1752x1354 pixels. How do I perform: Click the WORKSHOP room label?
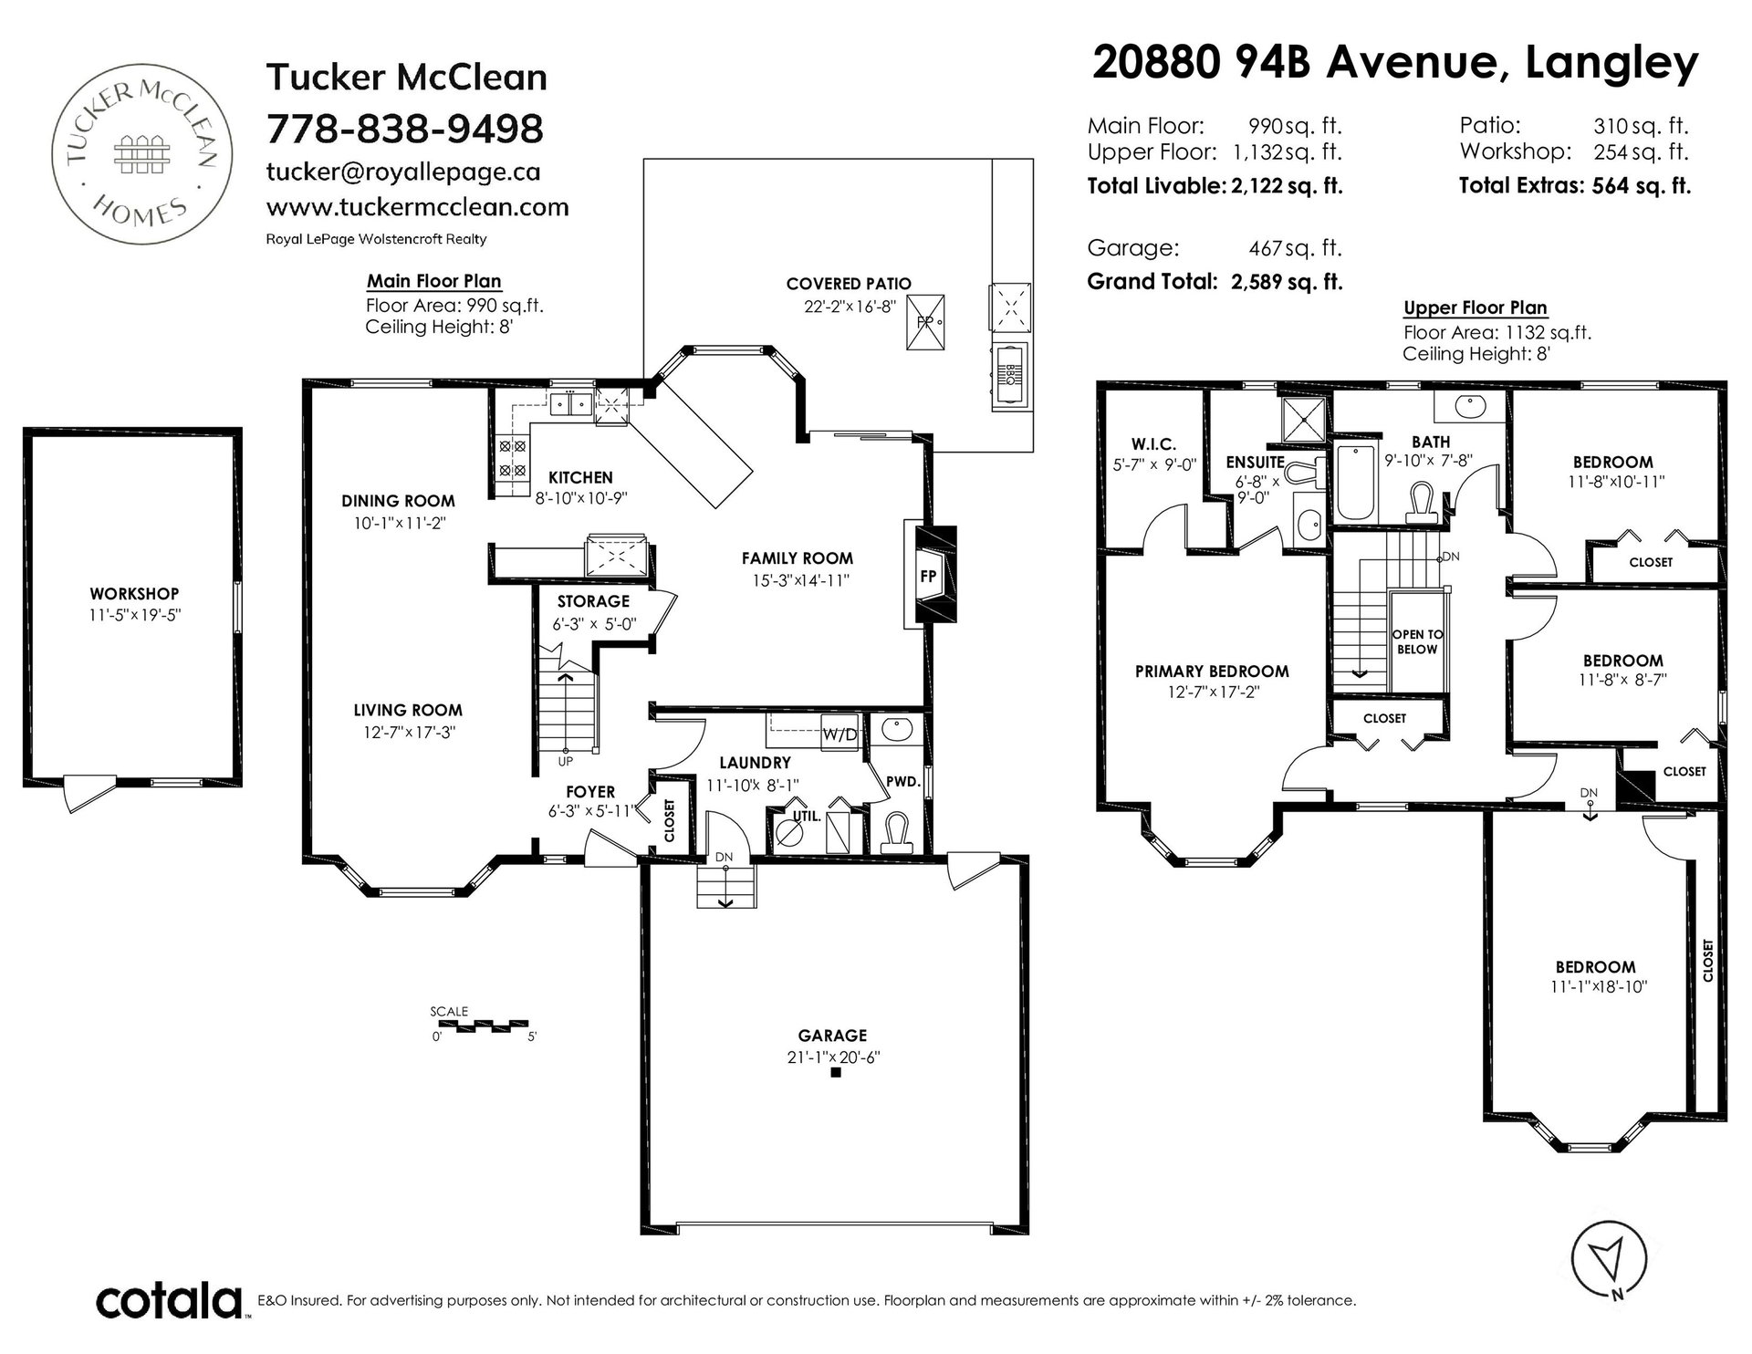pos(133,594)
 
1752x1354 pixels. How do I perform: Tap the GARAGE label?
pos(831,1036)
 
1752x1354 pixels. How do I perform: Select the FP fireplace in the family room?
pos(929,576)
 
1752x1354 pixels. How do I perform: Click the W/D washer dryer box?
pos(839,734)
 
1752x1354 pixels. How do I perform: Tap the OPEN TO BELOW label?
pos(1417,641)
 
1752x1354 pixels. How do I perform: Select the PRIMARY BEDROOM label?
pos(1212,672)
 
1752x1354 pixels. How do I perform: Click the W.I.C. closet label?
pos(1153,444)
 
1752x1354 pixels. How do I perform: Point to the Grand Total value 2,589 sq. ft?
pos(1287,282)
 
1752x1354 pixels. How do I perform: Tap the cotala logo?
pos(170,1299)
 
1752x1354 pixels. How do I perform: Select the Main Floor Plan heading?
pos(434,281)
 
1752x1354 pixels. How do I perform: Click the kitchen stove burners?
pos(511,459)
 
